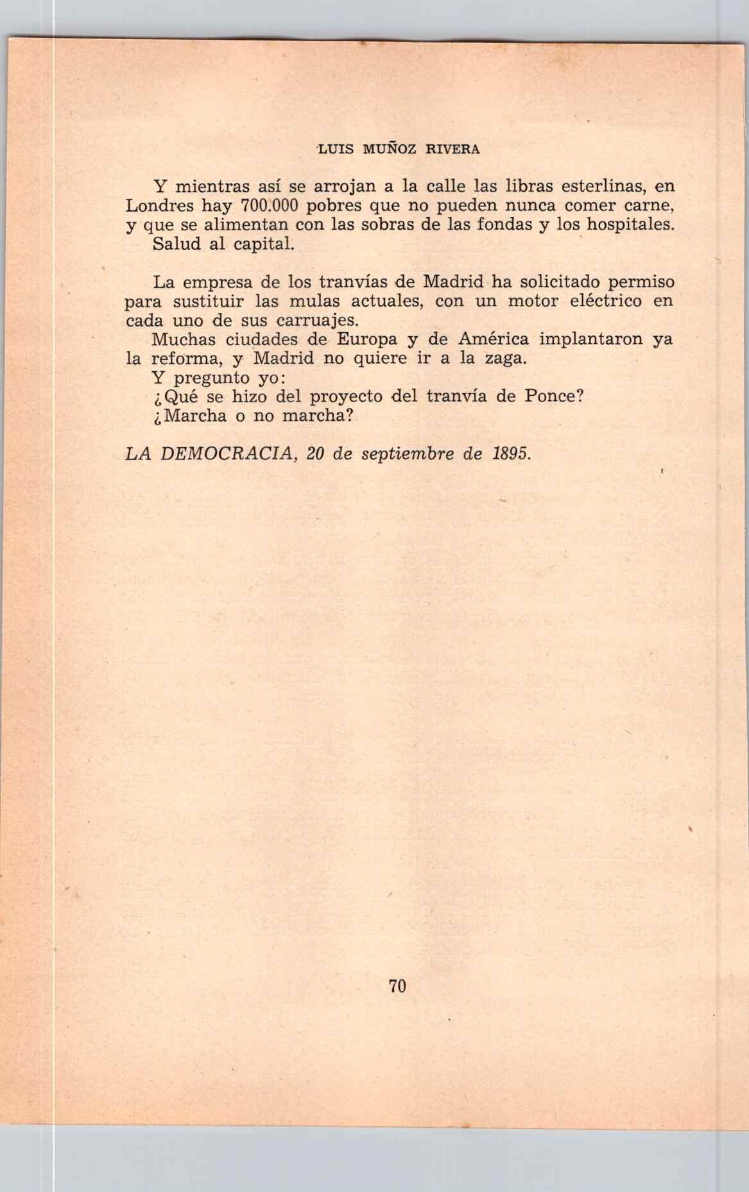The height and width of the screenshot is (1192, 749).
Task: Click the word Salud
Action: pyautogui.click(x=176, y=244)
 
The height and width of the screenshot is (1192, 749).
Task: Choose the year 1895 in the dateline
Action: pyautogui.click(x=512, y=454)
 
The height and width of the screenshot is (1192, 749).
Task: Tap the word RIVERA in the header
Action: pyautogui.click(x=452, y=149)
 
